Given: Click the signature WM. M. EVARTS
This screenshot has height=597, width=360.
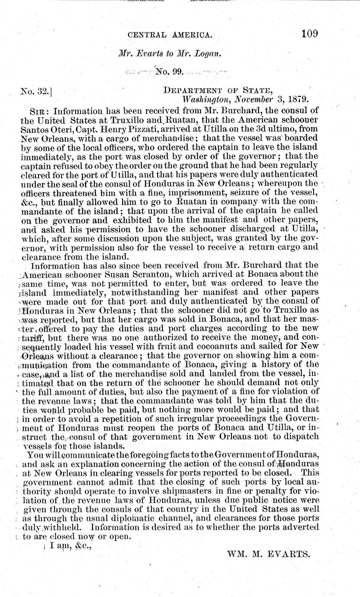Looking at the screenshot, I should coord(268,553).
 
